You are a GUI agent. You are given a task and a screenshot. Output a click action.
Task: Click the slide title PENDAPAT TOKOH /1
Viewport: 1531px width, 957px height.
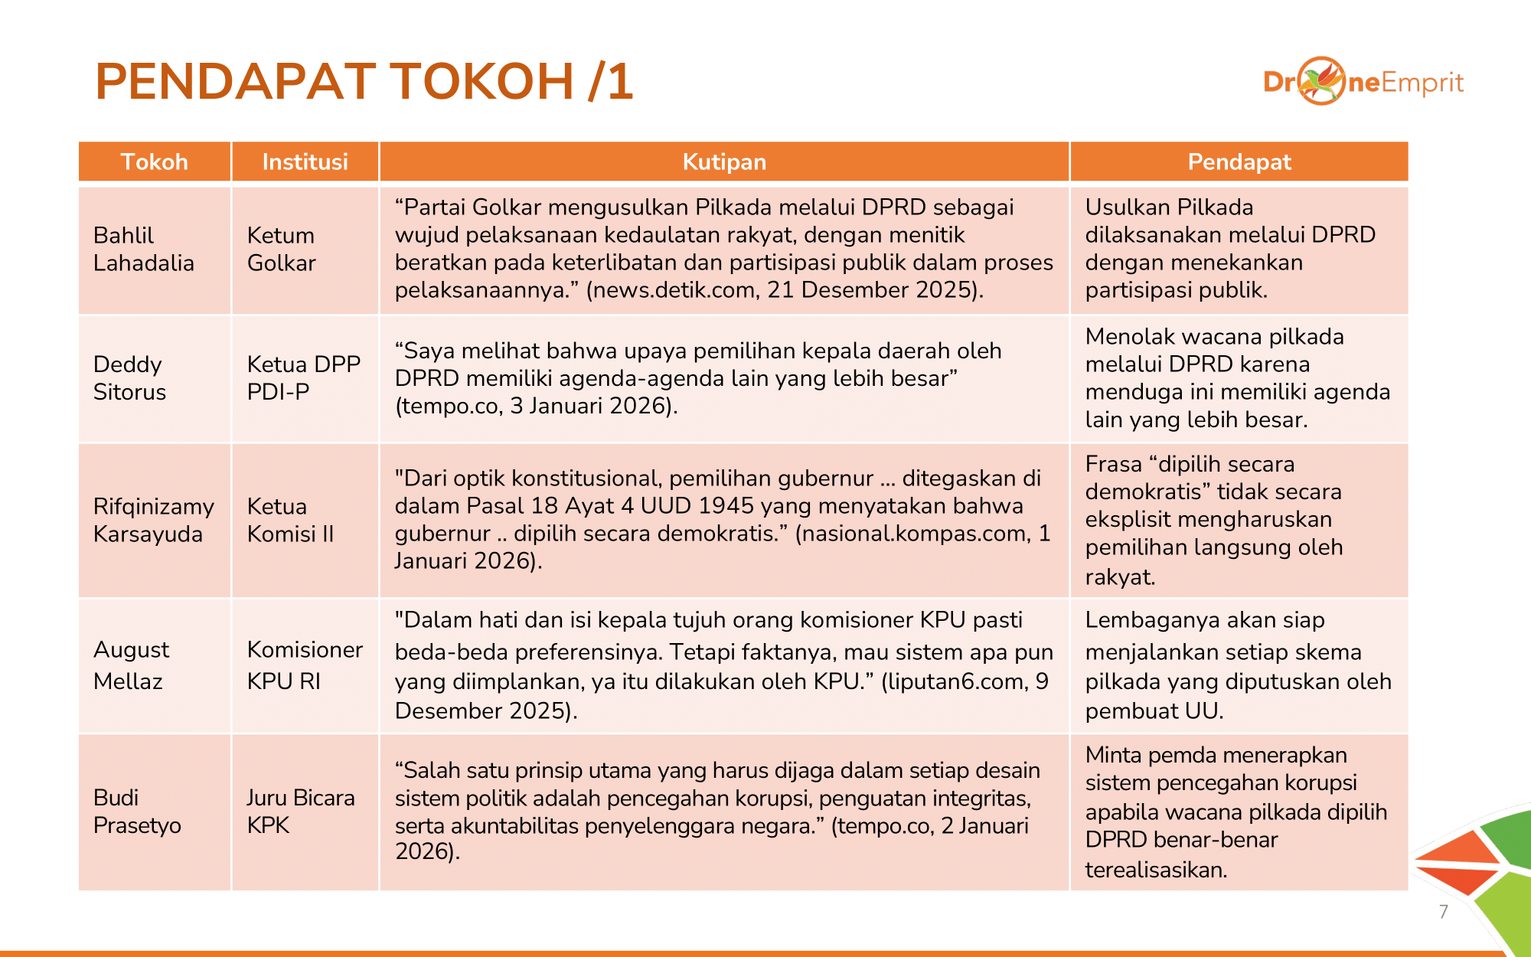(x=364, y=81)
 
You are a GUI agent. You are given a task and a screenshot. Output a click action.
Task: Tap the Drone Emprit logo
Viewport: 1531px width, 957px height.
(x=1363, y=81)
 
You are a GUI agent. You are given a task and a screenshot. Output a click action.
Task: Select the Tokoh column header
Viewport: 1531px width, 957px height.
(x=154, y=162)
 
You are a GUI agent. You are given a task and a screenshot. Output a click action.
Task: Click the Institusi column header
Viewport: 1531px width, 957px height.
(x=305, y=162)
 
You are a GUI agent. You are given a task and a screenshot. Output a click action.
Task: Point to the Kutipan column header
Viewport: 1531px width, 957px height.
(x=724, y=162)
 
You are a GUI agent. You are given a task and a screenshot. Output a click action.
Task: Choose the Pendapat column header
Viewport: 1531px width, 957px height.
(x=1239, y=162)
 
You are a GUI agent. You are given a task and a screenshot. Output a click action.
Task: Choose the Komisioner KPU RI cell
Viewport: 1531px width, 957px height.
(x=305, y=665)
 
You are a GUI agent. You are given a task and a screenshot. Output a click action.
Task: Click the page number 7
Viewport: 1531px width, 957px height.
(x=1443, y=911)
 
